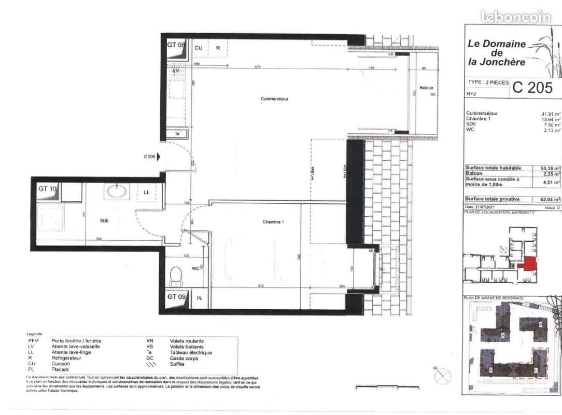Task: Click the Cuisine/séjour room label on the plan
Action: [x=274, y=99]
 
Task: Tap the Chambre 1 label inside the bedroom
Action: [x=274, y=222]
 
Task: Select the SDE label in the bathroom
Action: [x=104, y=220]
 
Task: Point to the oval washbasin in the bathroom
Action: [x=116, y=191]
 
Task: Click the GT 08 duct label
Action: [x=176, y=45]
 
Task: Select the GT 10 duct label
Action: [x=47, y=189]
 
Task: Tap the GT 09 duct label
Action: [x=176, y=297]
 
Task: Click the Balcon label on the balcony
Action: [x=426, y=88]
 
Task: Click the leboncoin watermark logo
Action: [x=516, y=17]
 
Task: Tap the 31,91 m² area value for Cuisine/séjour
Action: [x=550, y=114]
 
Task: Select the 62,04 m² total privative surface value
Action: [x=550, y=199]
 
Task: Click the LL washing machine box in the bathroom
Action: [x=146, y=192]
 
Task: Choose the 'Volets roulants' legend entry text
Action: [x=186, y=341]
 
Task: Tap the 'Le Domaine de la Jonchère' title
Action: [x=496, y=53]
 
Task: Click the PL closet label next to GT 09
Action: [x=200, y=298]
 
